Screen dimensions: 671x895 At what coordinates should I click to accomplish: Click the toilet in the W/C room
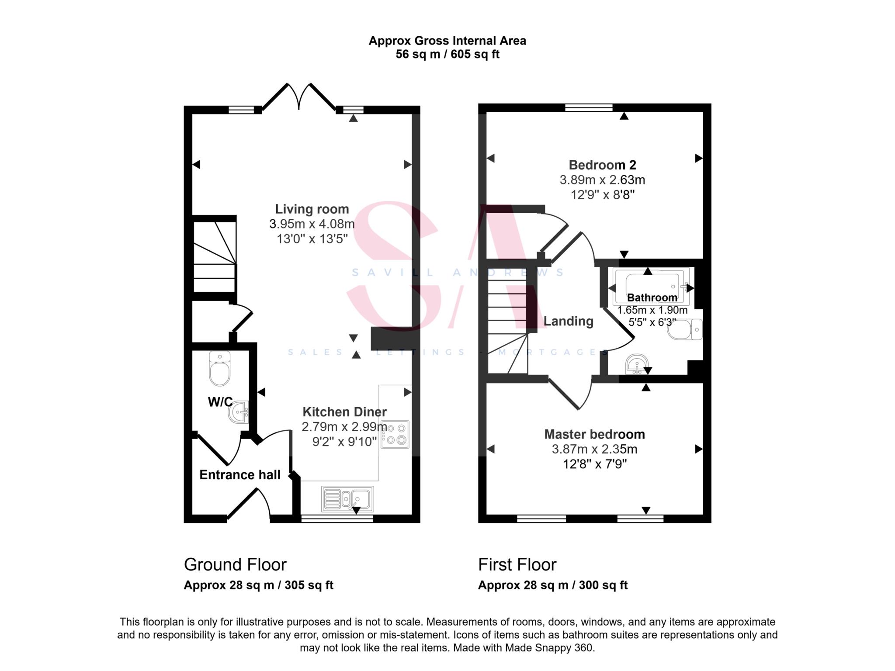219,369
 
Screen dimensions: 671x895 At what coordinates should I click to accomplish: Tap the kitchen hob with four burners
395,434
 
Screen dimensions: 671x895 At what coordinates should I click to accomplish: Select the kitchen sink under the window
347,499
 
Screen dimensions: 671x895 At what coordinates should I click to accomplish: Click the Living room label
312,209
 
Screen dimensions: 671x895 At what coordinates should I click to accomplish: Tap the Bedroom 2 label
602,165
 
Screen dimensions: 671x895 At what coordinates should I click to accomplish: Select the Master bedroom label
594,434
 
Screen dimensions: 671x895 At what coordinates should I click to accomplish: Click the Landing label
568,322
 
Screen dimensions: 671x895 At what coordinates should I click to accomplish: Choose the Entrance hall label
239,475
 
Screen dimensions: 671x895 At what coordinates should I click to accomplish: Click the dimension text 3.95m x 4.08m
312,224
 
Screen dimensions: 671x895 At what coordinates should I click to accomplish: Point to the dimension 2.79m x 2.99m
344,427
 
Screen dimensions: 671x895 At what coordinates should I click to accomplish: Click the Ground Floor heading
235,565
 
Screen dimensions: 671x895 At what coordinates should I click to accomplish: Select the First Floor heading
517,565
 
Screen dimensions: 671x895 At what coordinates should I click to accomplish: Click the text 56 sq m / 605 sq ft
447,55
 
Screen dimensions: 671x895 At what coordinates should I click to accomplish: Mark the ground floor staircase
215,257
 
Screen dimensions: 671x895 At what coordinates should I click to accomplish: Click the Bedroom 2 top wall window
589,107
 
